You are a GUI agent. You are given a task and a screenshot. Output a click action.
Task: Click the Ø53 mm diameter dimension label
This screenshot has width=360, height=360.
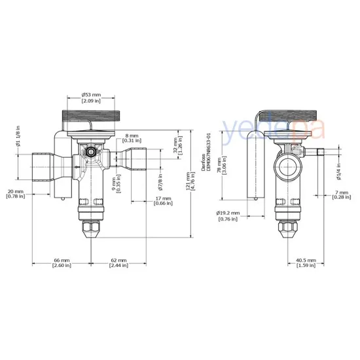[90, 98]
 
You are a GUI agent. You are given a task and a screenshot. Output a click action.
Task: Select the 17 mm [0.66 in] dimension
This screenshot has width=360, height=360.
[164, 201]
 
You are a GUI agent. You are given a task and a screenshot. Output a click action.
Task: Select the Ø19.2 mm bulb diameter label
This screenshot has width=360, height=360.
[229, 215]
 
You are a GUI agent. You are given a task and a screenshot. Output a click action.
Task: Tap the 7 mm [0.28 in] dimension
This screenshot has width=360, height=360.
[340, 194]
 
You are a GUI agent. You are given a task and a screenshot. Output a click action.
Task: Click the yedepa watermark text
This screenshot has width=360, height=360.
[272, 128]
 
